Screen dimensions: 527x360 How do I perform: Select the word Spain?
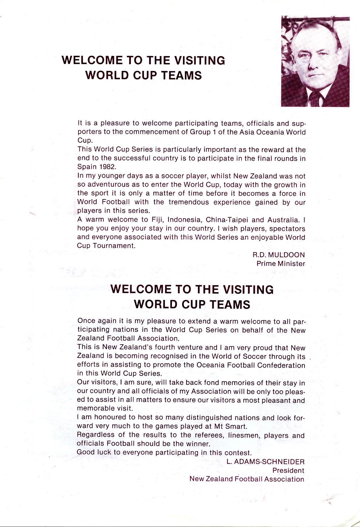pyautogui.click(x=87, y=167)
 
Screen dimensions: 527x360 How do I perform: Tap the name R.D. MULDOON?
pyautogui.click(x=278, y=255)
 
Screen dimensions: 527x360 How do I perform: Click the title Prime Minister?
pyautogui.click(x=281, y=264)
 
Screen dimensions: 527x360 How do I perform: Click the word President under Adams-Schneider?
pyautogui.click(x=288, y=471)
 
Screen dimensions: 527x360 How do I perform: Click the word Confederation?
pyautogui.click(x=281, y=365)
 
